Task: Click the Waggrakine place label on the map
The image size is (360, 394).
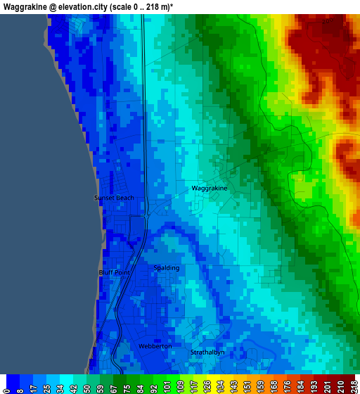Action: (x=210, y=189)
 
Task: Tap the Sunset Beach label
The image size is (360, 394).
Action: (x=114, y=198)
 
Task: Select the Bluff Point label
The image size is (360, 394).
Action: (x=114, y=272)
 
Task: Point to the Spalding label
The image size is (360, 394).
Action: (x=167, y=268)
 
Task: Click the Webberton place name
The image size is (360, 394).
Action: (x=155, y=346)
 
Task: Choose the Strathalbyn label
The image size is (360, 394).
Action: (x=207, y=352)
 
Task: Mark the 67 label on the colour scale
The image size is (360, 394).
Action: (x=115, y=386)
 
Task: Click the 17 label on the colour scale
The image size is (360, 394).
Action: (x=34, y=386)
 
